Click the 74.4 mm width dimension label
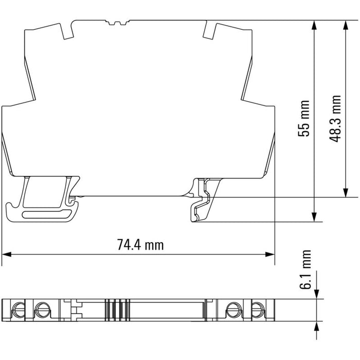click(x=140, y=245)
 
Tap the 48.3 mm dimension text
click(x=335, y=118)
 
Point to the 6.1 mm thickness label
click(x=305, y=269)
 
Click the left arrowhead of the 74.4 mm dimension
click(x=6, y=255)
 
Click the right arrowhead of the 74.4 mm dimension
click(x=270, y=255)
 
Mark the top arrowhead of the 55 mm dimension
click(x=314, y=25)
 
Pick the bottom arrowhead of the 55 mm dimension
click(x=314, y=217)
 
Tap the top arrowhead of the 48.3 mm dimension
click(x=345, y=25)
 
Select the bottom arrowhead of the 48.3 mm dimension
click(x=345, y=192)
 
